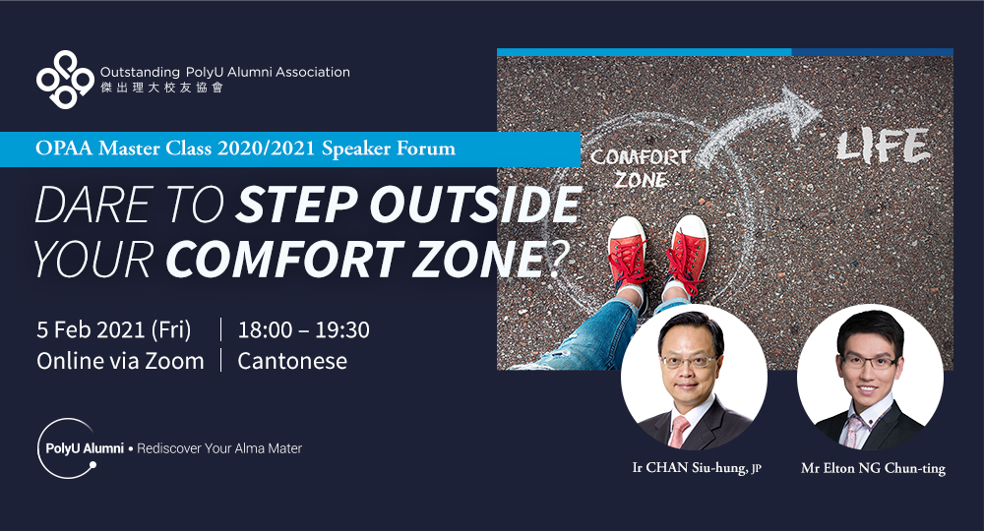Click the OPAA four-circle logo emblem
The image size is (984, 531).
coord(65,80)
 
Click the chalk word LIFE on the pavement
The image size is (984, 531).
coord(883,147)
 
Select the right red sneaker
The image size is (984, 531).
coord(688,254)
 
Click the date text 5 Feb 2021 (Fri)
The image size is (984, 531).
coord(113,329)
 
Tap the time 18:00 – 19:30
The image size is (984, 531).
coord(303,329)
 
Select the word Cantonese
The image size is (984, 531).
coord(292,361)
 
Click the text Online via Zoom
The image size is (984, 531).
coord(120,361)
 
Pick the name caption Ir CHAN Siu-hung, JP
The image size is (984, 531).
coord(697,468)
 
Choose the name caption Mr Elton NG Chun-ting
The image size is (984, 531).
coord(873,468)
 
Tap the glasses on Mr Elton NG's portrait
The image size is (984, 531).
coord(870,361)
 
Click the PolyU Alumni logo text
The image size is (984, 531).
coord(85,448)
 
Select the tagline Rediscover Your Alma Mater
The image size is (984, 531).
coord(219,448)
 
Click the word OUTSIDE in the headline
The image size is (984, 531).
coord(474,205)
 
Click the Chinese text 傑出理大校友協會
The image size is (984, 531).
coord(162,88)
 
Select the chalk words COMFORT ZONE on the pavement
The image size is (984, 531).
coord(641,168)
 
